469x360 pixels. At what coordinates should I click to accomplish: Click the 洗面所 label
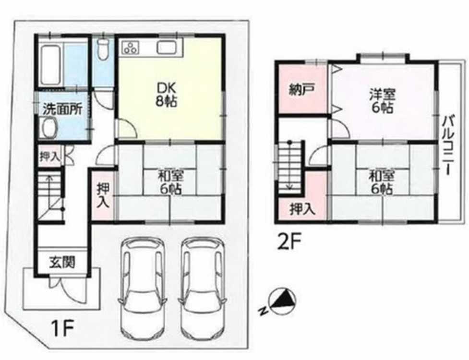pos(62,110)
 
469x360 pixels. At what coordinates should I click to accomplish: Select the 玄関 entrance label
pos(62,263)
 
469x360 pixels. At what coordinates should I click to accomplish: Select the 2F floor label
pos(289,243)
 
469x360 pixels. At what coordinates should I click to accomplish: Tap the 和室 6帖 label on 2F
pos(381,182)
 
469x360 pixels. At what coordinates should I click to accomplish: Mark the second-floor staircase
pos(289,168)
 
